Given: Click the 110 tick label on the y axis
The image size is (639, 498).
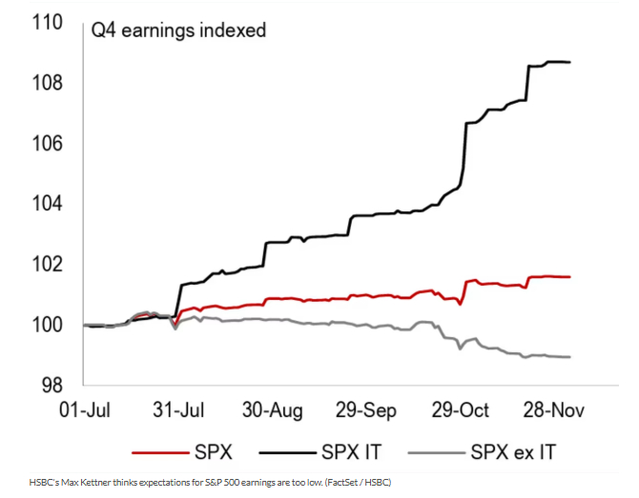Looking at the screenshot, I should [45, 22].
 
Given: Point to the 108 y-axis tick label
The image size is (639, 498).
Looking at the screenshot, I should [45, 83].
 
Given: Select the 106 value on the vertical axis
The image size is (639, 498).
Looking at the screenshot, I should [45, 144].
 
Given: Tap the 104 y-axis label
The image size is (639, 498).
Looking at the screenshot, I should [45, 204].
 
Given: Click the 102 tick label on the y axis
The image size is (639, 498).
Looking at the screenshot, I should [45, 265].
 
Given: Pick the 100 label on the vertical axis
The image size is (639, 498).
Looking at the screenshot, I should [45, 325].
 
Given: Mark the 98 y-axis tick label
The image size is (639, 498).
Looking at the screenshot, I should [50, 386].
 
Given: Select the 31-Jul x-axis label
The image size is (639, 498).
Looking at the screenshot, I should [178, 410].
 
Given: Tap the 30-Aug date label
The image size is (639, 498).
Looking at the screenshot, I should [273, 410].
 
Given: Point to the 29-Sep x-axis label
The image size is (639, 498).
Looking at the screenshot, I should [367, 410].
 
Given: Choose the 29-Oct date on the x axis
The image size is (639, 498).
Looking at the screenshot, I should [461, 410].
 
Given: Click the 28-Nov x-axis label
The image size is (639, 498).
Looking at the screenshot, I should [554, 410].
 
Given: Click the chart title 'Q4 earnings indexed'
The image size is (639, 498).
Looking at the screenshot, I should [178, 30].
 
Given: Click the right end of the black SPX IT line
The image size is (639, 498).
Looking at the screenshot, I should [570, 63].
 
